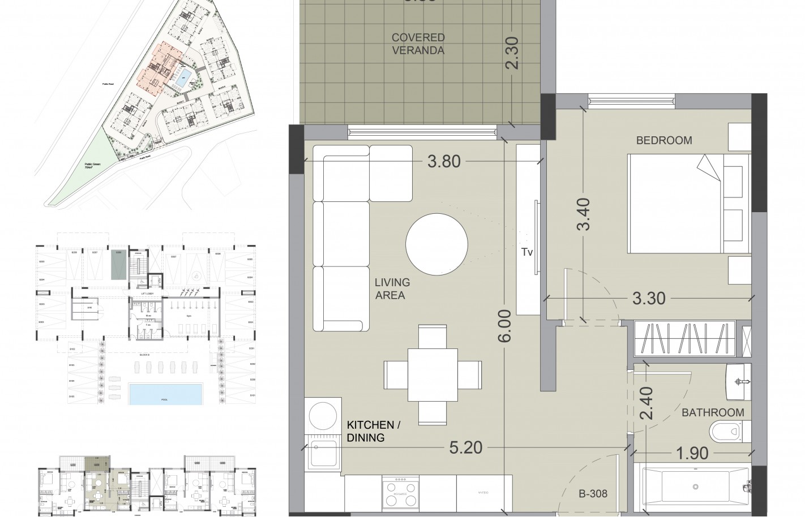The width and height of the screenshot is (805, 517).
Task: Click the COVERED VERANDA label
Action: click(418, 44)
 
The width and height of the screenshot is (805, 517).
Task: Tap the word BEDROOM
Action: click(664, 140)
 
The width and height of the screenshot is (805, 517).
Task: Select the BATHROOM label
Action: click(713, 412)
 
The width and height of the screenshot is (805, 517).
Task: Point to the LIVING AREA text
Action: click(392, 288)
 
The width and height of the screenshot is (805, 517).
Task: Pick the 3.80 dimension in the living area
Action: click(444, 162)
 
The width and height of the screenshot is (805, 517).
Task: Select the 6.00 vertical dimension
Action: click(506, 326)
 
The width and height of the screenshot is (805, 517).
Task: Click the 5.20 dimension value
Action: click(465, 448)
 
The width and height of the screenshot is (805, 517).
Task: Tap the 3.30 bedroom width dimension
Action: click(648, 298)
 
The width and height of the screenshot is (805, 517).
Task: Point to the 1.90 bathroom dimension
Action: click(691, 454)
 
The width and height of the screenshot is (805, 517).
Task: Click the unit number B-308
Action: click(592, 494)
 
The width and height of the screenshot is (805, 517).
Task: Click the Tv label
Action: click(527, 252)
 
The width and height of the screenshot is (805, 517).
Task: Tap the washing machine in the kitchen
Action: click(322, 416)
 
